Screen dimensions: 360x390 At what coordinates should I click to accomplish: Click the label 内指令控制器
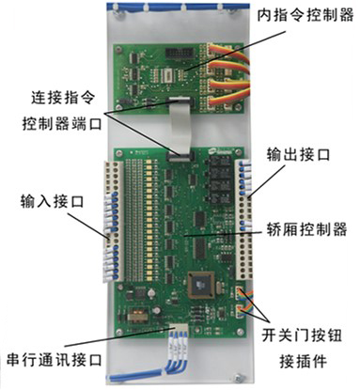coord(305,15)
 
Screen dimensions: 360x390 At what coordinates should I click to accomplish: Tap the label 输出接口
coord(298,154)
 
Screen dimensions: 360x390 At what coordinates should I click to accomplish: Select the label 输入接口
coord(53,201)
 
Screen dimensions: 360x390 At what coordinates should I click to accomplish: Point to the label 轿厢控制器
coord(306,229)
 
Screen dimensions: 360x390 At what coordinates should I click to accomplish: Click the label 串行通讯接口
coord(55,360)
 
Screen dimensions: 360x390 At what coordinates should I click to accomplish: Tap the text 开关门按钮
coord(302,335)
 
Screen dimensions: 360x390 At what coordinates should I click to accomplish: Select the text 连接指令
coord(63,98)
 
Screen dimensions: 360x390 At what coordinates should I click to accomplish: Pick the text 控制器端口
coord(62,124)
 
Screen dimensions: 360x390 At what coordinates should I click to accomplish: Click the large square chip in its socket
coord(201,285)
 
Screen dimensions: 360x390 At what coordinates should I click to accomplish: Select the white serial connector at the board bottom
coord(178,330)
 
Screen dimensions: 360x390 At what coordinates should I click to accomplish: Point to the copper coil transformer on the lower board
coord(135,315)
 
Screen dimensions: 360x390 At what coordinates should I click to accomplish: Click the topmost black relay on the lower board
coord(219,162)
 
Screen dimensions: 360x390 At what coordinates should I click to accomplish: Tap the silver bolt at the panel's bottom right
coord(240,378)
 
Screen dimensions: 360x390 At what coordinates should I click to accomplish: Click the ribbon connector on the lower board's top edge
coord(180,156)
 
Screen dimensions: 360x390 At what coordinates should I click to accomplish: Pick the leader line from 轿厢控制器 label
coord(223,233)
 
